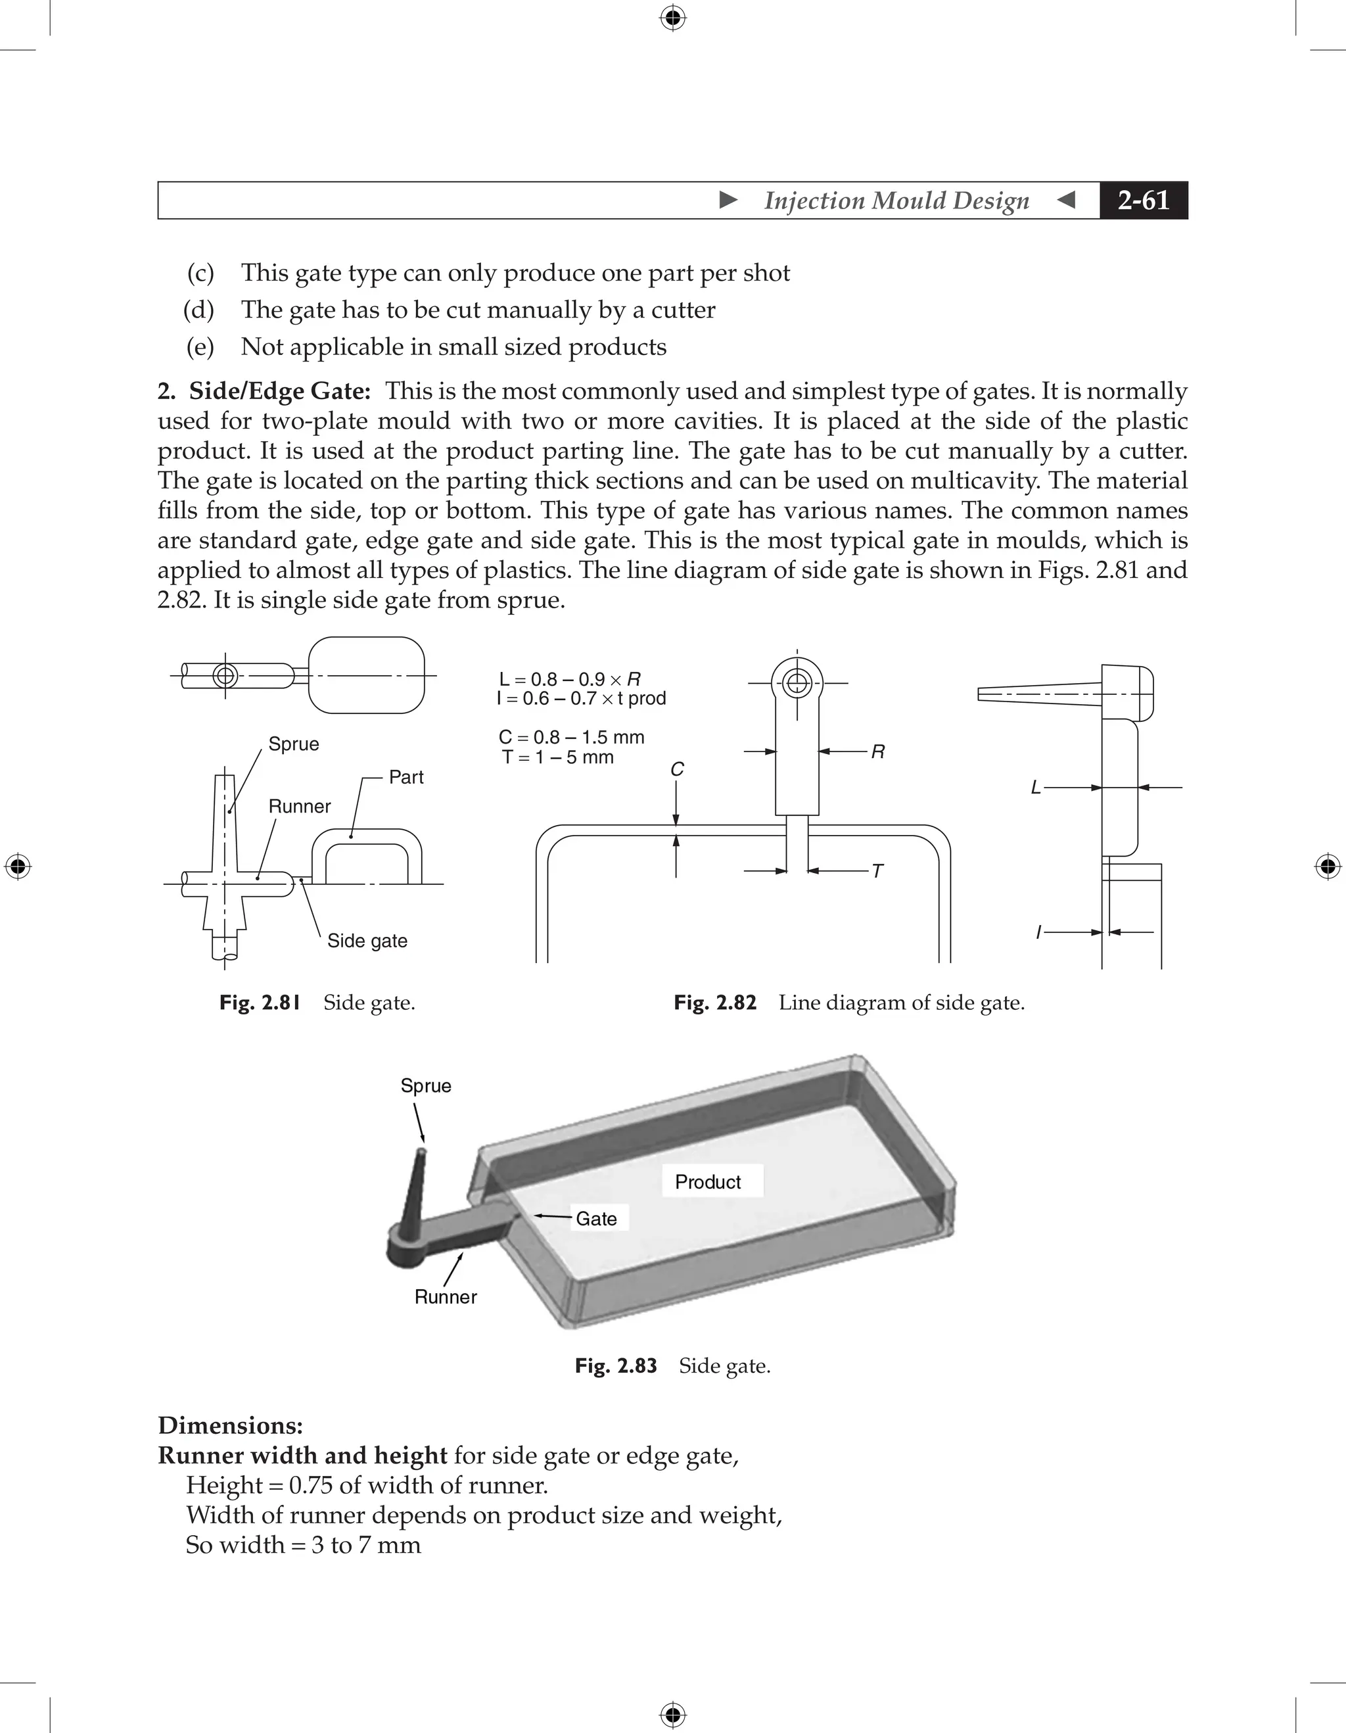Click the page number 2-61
(x=1143, y=200)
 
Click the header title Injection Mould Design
(x=896, y=200)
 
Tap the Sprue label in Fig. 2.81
(x=294, y=744)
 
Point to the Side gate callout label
(x=367, y=940)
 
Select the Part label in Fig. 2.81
(x=406, y=777)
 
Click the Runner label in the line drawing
(x=299, y=806)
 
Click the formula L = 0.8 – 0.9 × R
(x=570, y=679)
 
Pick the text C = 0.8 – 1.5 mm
(x=571, y=737)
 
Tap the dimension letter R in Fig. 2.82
(x=877, y=751)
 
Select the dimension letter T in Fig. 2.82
(x=877, y=871)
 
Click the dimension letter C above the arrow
(x=676, y=769)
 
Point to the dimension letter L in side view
(x=1035, y=788)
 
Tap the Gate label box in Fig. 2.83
(x=597, y=1219)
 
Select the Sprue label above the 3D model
(x=426, y=1085)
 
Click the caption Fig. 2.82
(x=714, y=1003)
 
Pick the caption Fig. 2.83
(x=616, y=1365)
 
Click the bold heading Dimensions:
(x=230, y=1425)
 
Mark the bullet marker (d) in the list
(x=199, y=310)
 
